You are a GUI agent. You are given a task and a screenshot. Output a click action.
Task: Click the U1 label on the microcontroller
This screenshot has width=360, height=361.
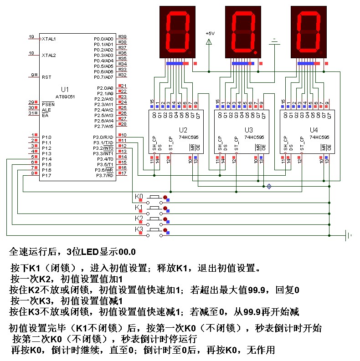[x=64, y=89]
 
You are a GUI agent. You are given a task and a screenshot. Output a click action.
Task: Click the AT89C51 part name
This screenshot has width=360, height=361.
[x=65, y=97]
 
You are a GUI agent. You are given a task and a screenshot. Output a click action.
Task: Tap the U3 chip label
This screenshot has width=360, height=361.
[x=248, y=130]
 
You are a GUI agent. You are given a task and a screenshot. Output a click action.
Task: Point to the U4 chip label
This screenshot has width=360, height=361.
[x=314, y=130]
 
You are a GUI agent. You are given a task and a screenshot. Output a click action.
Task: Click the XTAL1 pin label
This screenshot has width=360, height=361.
[x=49, y=39]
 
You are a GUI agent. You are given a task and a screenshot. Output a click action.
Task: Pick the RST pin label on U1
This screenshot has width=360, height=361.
[x=46, y=77]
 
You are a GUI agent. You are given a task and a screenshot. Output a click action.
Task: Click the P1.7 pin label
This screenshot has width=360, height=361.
[x=46, y=175]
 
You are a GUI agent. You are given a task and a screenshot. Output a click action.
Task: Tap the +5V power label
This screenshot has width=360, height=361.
[x=210, y=34]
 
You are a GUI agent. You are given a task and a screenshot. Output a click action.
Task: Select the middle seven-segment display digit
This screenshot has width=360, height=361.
[x=242, y=32]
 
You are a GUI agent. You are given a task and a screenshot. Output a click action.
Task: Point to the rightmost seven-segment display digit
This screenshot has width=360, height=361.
[x=308, y=32]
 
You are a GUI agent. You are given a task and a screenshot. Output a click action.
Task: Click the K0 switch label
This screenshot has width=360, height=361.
[x=139, y=197]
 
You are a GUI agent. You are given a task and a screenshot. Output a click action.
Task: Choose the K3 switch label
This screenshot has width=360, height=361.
[x=139, y=229]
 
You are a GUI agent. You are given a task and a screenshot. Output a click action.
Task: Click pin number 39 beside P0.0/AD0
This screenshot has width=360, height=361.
[x=123, y=36]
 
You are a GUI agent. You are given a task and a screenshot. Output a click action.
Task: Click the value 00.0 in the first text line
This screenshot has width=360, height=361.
[x=127, y=252]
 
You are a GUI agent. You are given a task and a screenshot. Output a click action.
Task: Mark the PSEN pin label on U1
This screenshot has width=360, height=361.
[x=48, y=104]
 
